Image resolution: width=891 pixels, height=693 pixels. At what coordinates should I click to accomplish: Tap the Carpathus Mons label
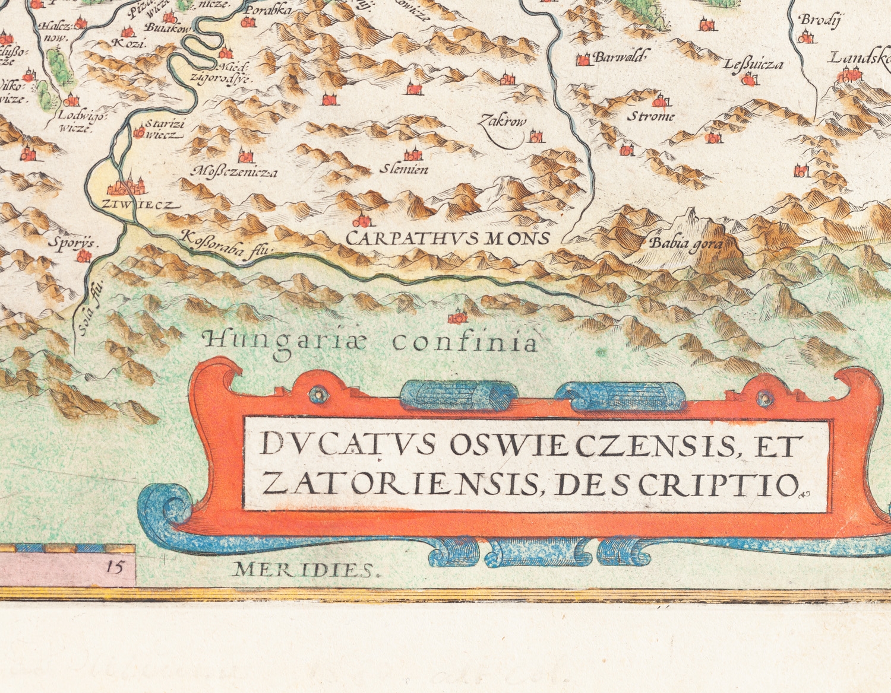point(448,239)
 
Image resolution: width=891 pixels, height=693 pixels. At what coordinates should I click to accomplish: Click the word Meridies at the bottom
point(306,571)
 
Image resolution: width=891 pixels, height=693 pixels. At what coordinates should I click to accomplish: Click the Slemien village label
point(404,170)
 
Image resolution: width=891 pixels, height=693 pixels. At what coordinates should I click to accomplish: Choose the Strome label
point(650,117)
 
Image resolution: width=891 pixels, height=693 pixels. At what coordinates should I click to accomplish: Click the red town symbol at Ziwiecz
point(127,186)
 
